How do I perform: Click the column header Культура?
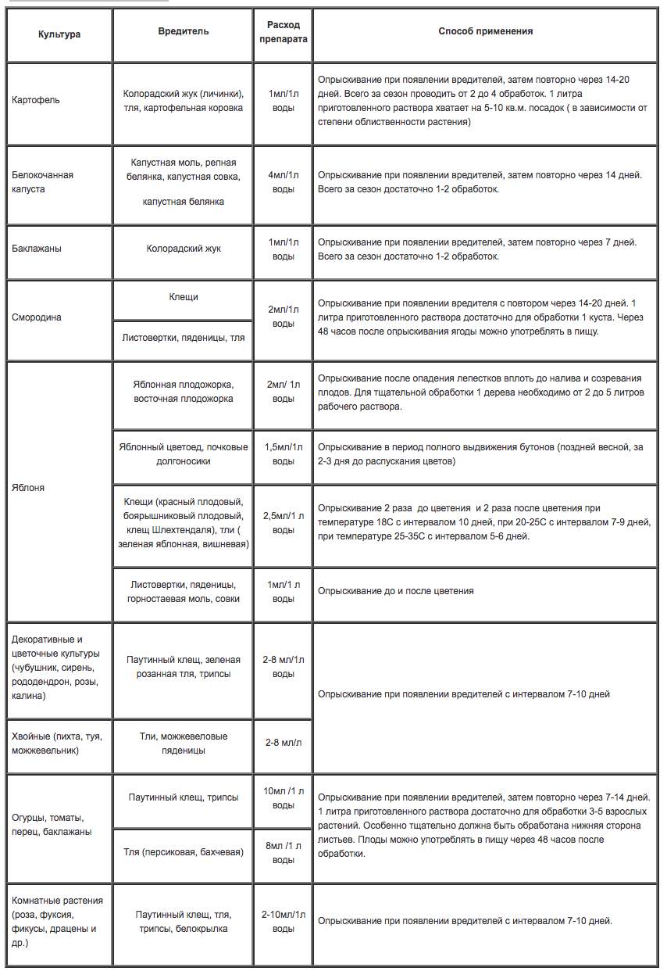59,34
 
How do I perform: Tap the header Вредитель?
184,31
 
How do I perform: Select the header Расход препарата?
282,31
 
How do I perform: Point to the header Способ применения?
485,31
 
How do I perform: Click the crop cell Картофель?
36,100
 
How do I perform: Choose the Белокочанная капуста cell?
43,182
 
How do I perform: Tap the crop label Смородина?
37,317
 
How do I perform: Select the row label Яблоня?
28,488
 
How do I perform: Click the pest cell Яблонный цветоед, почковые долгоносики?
184,454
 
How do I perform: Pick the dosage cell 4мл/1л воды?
282,182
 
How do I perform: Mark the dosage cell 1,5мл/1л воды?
283,454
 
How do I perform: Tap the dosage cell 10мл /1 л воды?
283,798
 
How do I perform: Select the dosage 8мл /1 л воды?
283,852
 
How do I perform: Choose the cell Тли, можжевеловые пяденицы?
184,743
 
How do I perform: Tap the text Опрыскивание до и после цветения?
395,591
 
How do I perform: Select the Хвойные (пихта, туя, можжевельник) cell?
57,743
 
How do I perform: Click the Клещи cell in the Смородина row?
184,297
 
